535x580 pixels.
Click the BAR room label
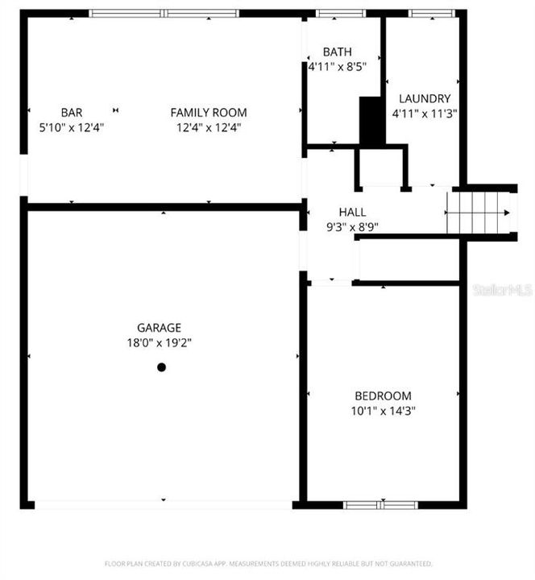click(x=72, y=113)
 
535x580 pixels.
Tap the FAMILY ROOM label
click(x=208, y=113)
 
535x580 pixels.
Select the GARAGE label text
click(x=159, y=328)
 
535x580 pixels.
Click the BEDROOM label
click(x=383, y=396)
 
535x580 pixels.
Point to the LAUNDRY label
click(x=425, y=99)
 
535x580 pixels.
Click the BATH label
click(x=337, y=52)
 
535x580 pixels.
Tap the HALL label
click(x=352, y=212)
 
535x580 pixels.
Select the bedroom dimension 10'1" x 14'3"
click(x=383, y=410)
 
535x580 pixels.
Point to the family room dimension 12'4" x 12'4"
click(x=208, y=127)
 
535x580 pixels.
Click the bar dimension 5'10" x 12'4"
click(x=72, y=127)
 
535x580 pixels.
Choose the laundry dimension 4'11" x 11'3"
click(x=425, y=114)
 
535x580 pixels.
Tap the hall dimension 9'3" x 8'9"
click(x=352, y=226)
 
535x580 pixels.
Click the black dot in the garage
click(x=161, y=367)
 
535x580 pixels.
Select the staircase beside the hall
click(x=481, y=212)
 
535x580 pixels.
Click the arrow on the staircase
click(x=504, y=213)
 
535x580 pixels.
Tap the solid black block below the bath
click(x=371, y=121)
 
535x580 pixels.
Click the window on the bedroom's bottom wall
click(x=380, y=505)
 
